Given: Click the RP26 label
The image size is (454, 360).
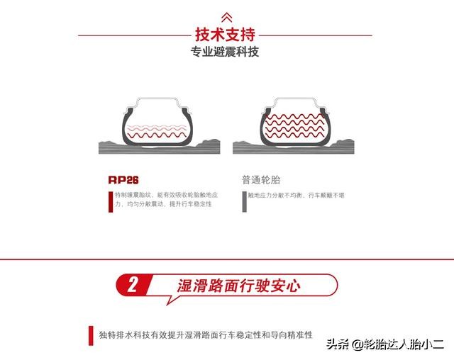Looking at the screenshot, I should [123, 179].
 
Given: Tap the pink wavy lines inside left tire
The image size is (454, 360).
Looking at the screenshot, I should [157, 130].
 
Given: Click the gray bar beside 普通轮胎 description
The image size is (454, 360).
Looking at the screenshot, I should [244, 201].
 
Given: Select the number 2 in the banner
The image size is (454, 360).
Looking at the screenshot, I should [133, 286].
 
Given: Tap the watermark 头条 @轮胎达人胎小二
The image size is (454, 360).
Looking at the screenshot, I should [384, 345].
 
